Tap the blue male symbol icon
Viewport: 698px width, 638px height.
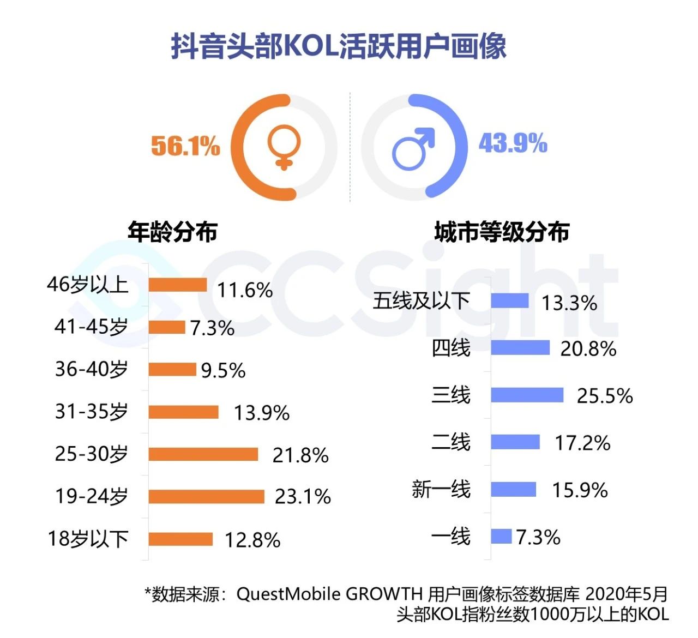413,148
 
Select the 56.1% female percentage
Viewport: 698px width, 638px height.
185,146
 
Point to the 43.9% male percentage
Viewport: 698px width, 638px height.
513,143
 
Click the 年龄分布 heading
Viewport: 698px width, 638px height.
172,232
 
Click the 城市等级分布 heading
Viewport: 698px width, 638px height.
502,232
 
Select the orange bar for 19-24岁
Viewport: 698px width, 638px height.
206,496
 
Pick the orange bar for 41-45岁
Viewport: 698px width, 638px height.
167,327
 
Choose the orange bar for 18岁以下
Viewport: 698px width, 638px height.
180,539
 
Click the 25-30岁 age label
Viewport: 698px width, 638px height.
92,454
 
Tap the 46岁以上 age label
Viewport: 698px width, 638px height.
88,284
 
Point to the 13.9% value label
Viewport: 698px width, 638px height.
262,413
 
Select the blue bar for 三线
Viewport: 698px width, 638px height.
527,395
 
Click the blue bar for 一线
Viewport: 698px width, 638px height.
501,536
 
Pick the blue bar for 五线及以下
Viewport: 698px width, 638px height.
510,300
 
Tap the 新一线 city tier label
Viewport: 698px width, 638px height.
441,489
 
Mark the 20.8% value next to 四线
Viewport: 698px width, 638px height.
588,348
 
